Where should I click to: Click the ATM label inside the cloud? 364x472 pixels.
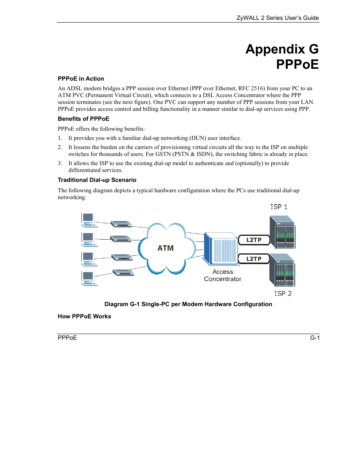(x=166, y=248)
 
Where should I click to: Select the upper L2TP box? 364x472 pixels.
(x=254, y=240)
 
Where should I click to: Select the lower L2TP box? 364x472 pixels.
(x=254, y=259)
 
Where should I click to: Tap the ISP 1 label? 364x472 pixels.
(x=279, y=207)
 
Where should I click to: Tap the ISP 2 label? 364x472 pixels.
(x=283, y=294)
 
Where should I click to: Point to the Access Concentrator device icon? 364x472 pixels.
(x=221, y=249)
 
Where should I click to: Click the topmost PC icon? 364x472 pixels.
(x=89, y=219)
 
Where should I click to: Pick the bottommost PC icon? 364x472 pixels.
(x=89, y=278)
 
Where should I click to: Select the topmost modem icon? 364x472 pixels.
(x=121, y=224)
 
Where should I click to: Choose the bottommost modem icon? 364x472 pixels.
(x=123, y=272)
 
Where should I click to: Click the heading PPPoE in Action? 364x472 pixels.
(x=81, y=79)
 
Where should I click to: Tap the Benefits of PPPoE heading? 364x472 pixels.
(x=84, y=119)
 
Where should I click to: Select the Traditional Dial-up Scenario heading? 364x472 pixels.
(x=97, y=180)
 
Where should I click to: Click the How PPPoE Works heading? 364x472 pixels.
(x=84, y=316)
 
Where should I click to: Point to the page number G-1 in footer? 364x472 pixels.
(x=315, y=338)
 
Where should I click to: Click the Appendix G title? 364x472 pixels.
(x=282, y=49)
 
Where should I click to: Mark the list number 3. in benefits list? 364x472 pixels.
(x=60, y=163)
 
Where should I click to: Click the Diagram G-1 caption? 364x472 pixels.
(x=188, y=304)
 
